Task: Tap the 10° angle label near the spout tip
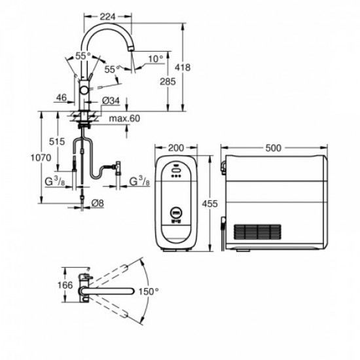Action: [x=156, y=59]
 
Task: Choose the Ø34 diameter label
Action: [x=112, y=100]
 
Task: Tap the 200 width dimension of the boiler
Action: [x=175, y=148]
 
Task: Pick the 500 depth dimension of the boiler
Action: [x=274, y=148]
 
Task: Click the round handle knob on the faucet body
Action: [x=84, y=90]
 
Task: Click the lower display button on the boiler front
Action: [x=175, y=212]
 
